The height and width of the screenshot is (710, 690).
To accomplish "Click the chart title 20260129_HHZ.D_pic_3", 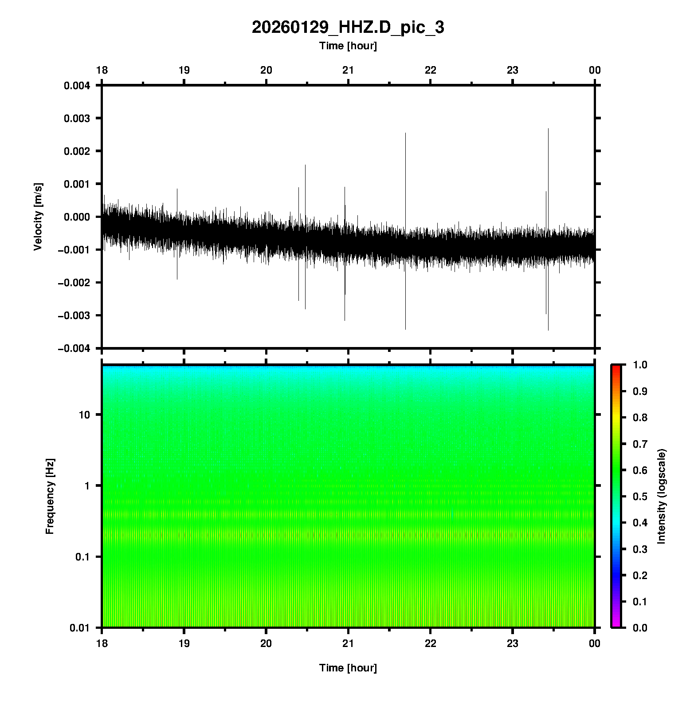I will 348,28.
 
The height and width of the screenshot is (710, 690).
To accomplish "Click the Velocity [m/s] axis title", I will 38,217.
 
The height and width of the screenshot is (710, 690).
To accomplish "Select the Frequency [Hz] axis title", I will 50,497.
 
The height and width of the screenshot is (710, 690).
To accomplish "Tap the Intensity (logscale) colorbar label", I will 662,496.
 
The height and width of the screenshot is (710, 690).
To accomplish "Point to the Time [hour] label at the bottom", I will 348,668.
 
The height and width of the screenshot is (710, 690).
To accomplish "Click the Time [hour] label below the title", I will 348,46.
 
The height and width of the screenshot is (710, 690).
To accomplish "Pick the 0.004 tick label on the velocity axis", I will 77,86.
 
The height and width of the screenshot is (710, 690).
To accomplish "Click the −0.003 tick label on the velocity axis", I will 74,316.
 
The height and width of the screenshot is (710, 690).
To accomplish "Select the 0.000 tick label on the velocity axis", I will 77,217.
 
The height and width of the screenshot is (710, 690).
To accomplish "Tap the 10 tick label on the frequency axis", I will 84,415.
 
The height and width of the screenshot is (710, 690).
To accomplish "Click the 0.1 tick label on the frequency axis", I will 82,557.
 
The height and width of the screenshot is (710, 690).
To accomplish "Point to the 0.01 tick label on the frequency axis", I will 80,628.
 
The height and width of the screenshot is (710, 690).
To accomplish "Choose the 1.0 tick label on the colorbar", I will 640,365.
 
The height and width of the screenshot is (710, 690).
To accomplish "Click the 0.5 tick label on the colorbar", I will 640,496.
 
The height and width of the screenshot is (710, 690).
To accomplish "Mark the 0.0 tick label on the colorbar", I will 640,627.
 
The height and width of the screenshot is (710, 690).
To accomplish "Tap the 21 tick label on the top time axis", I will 348,70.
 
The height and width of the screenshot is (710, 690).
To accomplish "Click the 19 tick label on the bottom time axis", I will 184,643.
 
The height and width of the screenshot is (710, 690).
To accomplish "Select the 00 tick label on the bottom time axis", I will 595,643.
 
